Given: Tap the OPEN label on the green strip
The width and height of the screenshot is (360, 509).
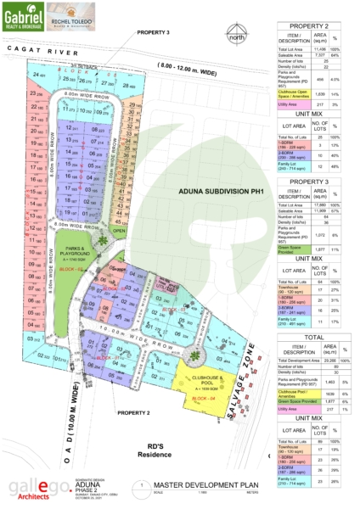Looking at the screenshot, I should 120,229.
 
